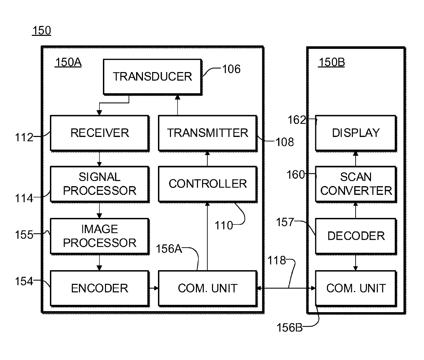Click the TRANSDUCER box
point(153,77)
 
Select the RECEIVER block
point(100,134)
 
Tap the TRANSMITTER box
point(208,134)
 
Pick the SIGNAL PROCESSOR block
point(100,184)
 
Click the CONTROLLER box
point(208,184)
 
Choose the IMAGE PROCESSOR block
point(100,236)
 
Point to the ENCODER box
point(100,289)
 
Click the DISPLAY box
point(356,134)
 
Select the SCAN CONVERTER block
point(356,184)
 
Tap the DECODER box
point(356,236)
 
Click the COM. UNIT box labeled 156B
point(356,289)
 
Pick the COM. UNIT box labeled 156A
point(208,289)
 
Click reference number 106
point(231,69)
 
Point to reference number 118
point(277,260)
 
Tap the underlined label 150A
point(68,62)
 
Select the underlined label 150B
point(331,62)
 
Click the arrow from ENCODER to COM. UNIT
point(154,288)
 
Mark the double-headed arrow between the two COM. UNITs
point(286,288)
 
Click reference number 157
point(285,222)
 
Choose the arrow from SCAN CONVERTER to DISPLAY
point(356,159)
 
